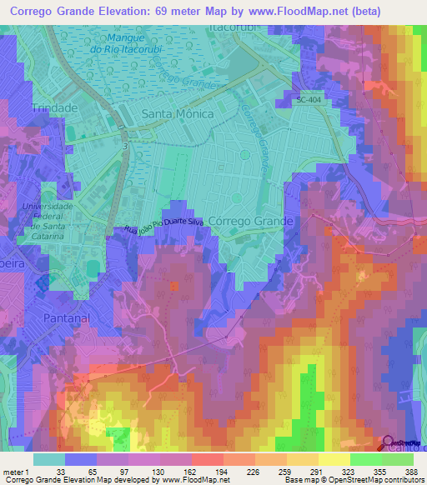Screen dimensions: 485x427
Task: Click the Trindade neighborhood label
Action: click(54, 108)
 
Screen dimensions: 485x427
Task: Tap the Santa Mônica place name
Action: click(178, 113)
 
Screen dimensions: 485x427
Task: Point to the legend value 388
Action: click(410, 471)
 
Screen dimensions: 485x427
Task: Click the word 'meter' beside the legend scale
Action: click(14, 471)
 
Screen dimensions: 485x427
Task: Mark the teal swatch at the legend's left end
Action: click(48, 459)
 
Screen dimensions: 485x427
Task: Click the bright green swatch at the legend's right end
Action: click(397, 459)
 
